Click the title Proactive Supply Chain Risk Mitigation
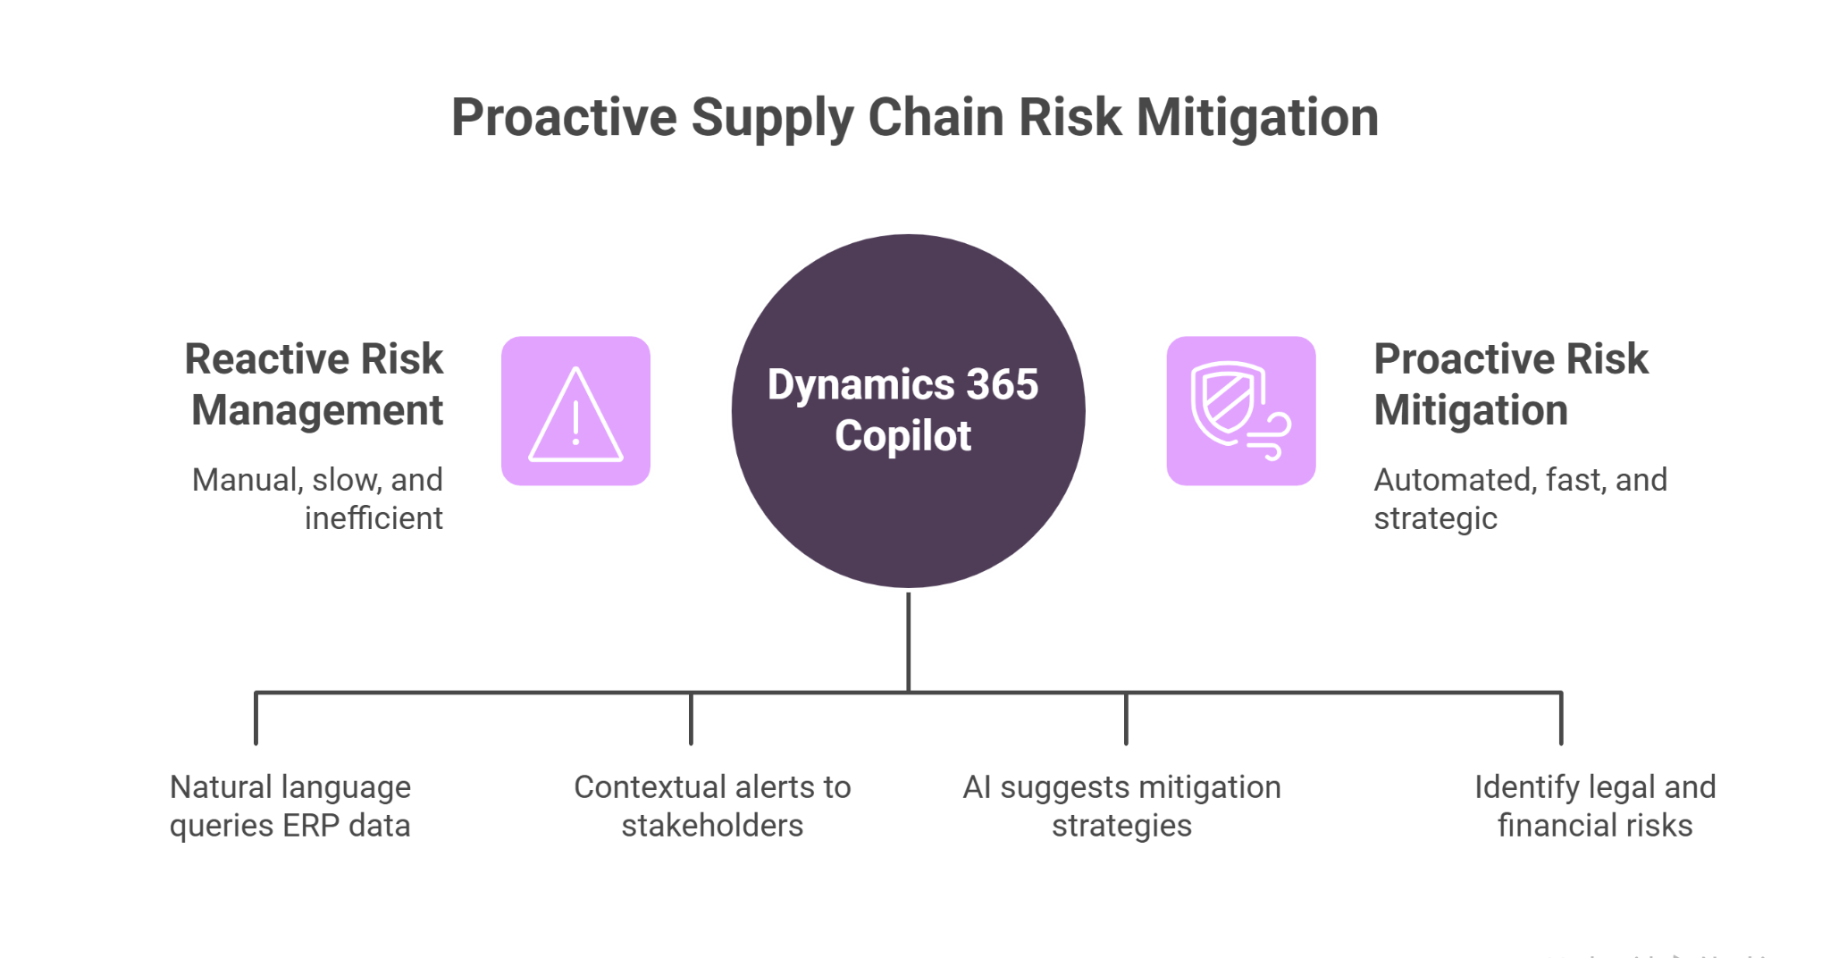(914, 118)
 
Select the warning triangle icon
(575, 412)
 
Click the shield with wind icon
(1240, 412)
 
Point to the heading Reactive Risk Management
(315, 384)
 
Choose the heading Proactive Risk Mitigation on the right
(1510, 384)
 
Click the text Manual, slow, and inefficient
(318, 499)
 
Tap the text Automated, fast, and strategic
(1519, 499)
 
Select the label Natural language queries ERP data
(290, 806)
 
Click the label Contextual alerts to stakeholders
(712, 806)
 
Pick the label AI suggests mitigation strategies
(1121, 806)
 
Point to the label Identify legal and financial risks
(1595, 806)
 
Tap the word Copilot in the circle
(902, 437)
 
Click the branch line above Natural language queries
(256, 718)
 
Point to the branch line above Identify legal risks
(1560, 718)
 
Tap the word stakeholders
(712, 826)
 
